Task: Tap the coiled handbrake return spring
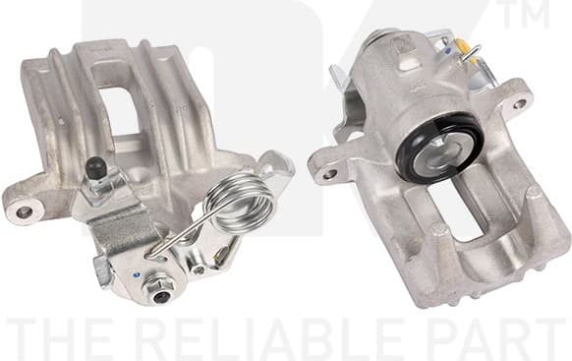244,202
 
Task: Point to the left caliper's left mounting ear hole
24,210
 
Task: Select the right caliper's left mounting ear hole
329,174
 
